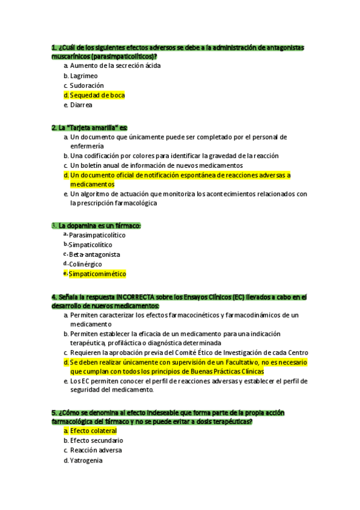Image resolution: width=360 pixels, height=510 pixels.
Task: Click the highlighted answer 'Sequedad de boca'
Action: pos(97,95)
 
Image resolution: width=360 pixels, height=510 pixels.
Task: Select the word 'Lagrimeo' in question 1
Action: pos(84,76)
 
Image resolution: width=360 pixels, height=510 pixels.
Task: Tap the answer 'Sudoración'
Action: pos(87,85)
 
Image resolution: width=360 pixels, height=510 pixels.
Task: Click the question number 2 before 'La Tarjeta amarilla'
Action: pos(54,127)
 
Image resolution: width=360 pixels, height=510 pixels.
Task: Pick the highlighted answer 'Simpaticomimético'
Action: pos(97,274)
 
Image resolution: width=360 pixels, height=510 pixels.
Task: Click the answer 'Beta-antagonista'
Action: pos(94,254)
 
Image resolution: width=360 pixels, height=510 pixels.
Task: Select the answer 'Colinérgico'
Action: pos(85,264)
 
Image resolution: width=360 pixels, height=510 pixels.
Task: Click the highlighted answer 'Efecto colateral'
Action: pos(93,431)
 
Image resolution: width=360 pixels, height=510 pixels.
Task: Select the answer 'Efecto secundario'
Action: pos(96,440)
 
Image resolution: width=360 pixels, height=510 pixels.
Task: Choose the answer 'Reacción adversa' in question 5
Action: pos(96,450)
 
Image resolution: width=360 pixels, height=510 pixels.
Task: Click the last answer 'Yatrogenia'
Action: pos(86,460)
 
